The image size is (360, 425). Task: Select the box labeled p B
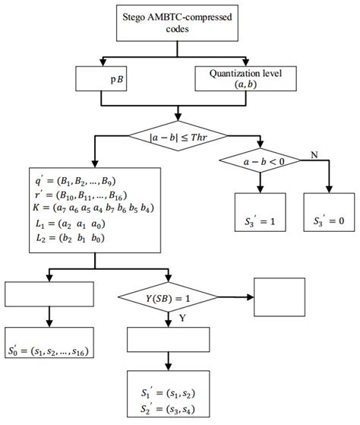tap(114, 78)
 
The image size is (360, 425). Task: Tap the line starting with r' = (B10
tap(70, 195)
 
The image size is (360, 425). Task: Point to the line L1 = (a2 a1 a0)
tap(56, 224)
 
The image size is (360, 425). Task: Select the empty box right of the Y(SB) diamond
tap(281, 297)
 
